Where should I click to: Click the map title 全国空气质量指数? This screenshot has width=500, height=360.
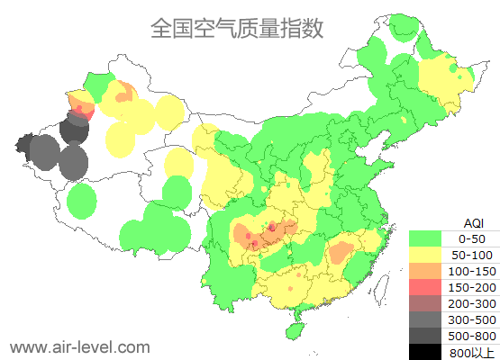236,29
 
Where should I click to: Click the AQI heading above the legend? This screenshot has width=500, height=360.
473,222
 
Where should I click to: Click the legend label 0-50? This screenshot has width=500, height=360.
472,238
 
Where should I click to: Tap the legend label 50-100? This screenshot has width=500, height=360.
472,255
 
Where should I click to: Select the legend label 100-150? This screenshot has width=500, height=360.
472,271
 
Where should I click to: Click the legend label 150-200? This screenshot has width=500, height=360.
472,287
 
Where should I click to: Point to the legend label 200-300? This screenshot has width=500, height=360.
472,303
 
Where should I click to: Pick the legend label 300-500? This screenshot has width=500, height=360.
472,319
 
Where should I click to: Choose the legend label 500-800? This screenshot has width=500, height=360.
472,336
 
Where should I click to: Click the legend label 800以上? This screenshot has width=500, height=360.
472,352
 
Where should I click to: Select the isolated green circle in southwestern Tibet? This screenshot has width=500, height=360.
82,201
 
